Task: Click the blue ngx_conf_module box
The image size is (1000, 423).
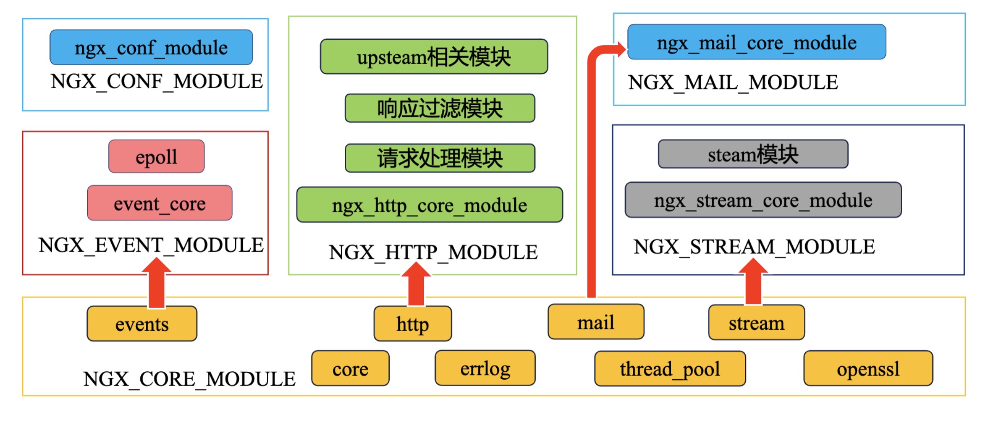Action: tap(151, 48)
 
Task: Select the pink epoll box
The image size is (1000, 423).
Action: tap(157, 156)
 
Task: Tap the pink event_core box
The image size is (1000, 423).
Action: tap(160, 203)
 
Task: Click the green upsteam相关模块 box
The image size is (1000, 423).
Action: tap(434, 57)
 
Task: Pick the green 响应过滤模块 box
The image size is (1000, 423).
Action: tap(440, 108)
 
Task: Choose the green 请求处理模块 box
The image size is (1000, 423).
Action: tap(440, 158)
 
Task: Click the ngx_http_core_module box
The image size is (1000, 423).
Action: tap(429, 205)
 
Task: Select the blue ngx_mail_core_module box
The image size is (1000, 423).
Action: tap(757, 42)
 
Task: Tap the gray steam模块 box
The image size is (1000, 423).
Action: tap(753, 154)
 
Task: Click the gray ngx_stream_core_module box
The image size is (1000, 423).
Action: tap(763, 200)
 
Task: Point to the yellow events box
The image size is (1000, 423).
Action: tap(142, 324)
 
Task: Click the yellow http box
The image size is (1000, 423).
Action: tap(413, 324)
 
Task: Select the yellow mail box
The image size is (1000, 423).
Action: tap(596, 322)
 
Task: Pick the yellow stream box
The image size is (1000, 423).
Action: tap(756, 322)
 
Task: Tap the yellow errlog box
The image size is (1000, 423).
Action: tap(485, 368)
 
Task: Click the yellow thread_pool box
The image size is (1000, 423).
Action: tap(670, 369)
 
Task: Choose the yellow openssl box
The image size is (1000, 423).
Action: tap(868, 369)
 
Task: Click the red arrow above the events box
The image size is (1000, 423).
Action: tap(157, 282)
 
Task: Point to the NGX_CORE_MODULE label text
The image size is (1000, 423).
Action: tap(189, 379)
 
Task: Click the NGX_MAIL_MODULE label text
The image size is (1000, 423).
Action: tap(733, 83)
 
